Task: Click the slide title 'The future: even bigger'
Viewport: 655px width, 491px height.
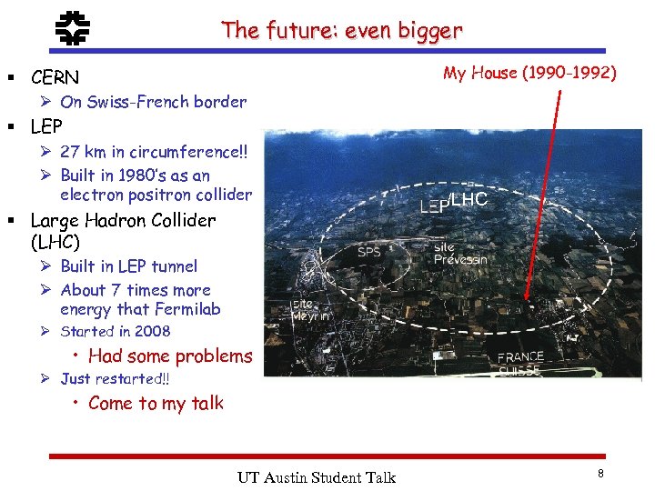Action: click(x=341, y=30)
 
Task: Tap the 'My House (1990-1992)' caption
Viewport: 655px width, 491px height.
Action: click(x=529, y=73)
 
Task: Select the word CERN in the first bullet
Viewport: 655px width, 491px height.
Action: click(x=55, y=77)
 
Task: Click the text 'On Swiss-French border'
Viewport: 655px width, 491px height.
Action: click(x=153, y=102)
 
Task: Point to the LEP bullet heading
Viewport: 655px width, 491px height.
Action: click(x=46, y=126)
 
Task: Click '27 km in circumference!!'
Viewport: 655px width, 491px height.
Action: click(x=153, y=151)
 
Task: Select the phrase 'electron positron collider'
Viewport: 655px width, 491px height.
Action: click(x=156, y=195)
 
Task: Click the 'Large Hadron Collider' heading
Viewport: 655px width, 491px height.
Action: click(x=123, y=220)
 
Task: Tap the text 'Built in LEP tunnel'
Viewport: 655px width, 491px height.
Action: click(x=128, y=266)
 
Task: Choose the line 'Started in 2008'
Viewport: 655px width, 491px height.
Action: click(x=115, y=332)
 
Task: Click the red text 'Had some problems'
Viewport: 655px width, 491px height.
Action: click(x=170, y=356)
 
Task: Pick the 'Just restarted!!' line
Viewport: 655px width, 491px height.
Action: click(x=115, y=379)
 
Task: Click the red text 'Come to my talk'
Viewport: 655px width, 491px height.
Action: click(x=156, y=404)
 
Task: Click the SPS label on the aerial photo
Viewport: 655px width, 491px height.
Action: click(x=369, y=252)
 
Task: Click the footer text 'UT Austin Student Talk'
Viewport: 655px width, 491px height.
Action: click(x=317, y=477)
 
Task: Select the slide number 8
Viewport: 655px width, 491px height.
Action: click(x=600, y=474)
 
